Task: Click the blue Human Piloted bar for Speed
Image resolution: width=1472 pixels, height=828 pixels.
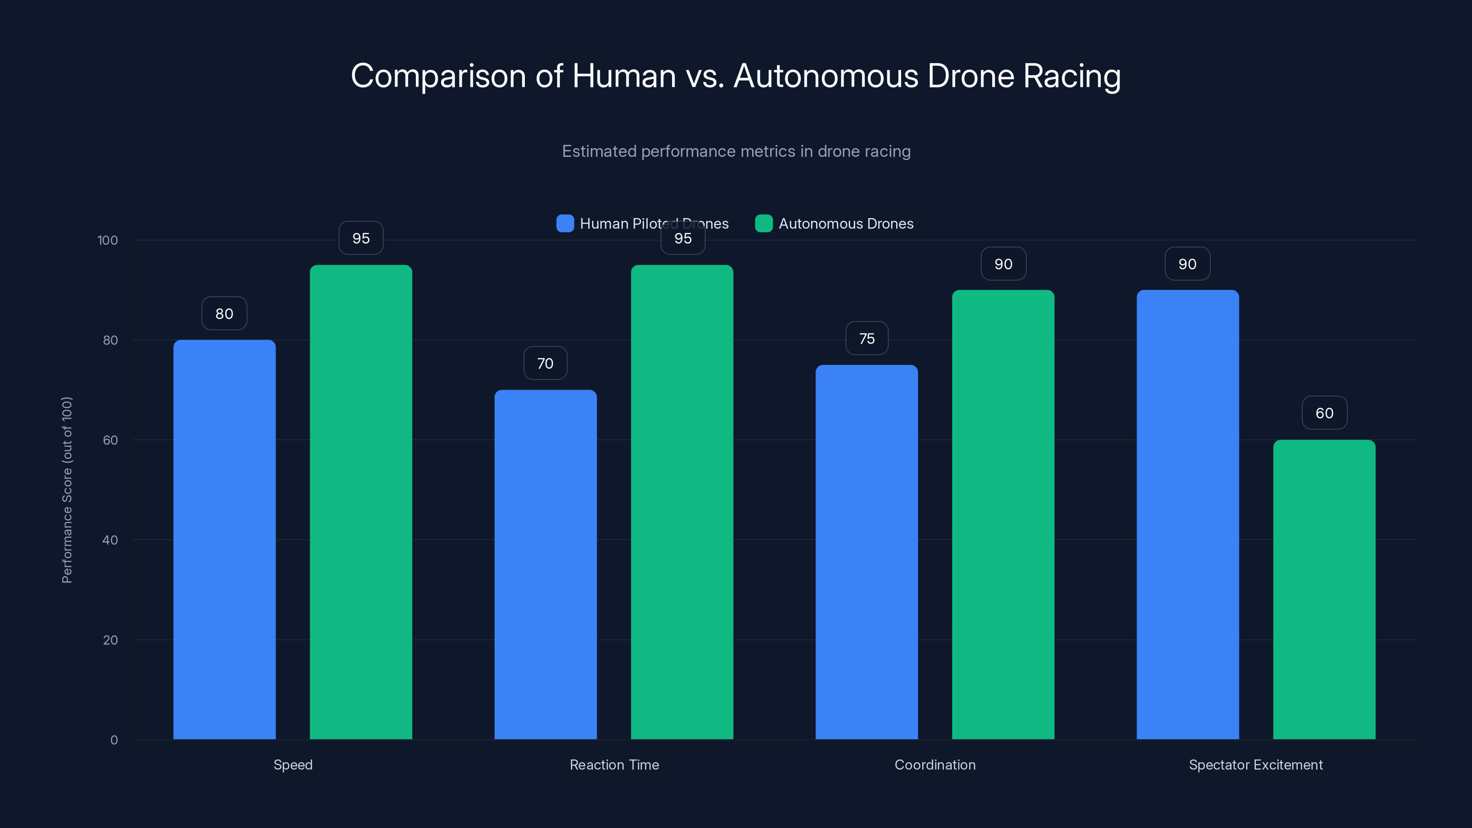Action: click(224, 540)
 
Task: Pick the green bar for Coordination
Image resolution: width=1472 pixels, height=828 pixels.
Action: click(1003, 514)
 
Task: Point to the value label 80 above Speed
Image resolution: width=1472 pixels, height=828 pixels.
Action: click(224, 314)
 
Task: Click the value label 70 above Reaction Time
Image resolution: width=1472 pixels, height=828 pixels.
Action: click(545, 363)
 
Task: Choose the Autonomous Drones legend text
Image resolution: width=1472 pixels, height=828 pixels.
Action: click(846, 224)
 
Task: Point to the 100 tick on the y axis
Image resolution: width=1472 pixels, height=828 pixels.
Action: click(108, 240)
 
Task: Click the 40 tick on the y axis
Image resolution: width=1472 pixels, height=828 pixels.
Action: click(110, 540)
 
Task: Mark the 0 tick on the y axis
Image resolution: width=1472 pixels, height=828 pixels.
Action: click(114, 740)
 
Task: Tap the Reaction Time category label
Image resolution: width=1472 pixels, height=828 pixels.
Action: click(614, 765)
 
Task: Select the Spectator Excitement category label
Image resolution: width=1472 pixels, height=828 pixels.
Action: click(1255, 765)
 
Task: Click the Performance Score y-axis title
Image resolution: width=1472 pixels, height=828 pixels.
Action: click(67, 490)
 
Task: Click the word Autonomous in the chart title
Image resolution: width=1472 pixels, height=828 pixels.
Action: click(826, 76)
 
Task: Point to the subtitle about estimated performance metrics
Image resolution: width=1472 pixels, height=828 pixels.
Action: click(736, 151)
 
